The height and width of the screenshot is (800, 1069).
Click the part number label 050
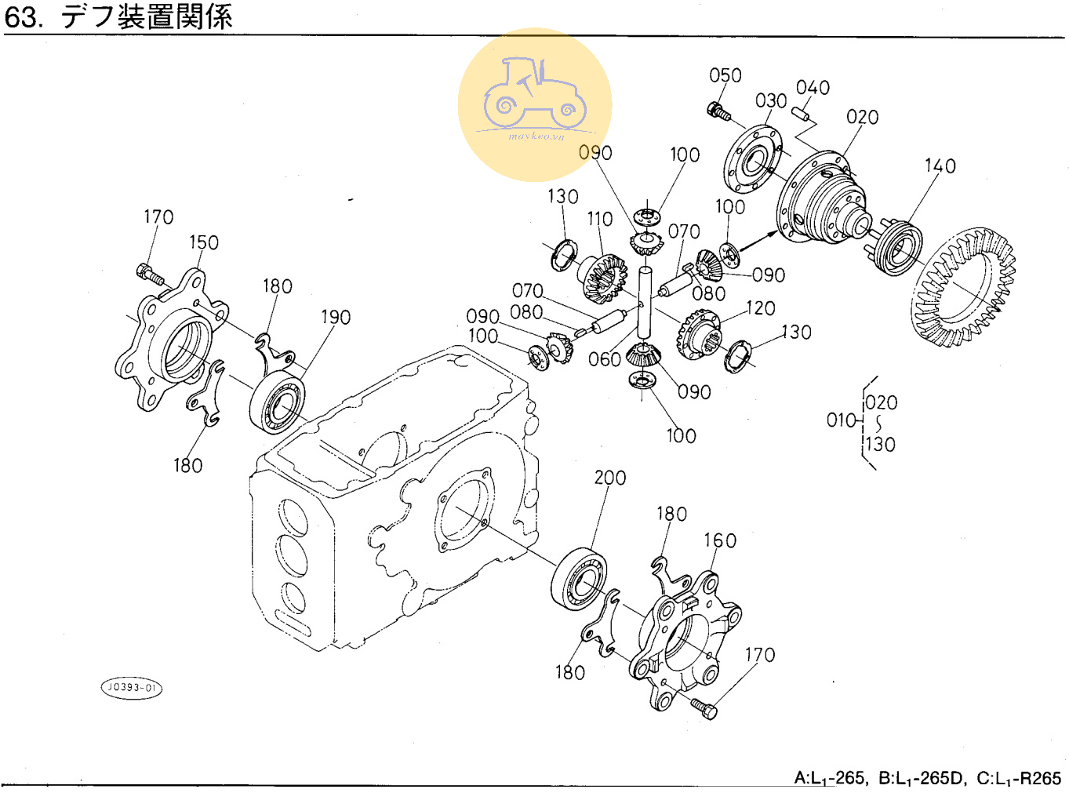[x=725, y=75]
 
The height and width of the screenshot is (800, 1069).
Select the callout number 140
[x=940, y=166]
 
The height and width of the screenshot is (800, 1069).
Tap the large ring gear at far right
[x=965, y=286]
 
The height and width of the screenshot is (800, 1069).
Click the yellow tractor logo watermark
[x=535, y=104]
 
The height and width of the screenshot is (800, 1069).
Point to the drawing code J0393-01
[x=132, y=688]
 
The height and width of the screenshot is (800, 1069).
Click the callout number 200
[x=609, y=478]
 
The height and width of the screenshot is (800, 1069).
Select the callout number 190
[x=335, y=318]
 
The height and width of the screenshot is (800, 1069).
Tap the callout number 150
[x=203, y=243]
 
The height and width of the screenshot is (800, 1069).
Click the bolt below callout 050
[x=718, y=112]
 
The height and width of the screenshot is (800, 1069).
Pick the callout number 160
[x=719, y=540]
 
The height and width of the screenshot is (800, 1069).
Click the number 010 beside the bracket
[x=842, y=420]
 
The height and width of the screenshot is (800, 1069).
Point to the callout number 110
[x=599, y=219]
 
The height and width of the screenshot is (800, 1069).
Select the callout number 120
[x=760, y=308]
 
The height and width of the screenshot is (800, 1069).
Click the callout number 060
[x=604, y=359]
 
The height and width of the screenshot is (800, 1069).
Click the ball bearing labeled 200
[x=580, y=579]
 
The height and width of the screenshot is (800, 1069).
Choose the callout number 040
[x=813, y=88]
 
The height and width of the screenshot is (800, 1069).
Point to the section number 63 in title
[x=21, y=17]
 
